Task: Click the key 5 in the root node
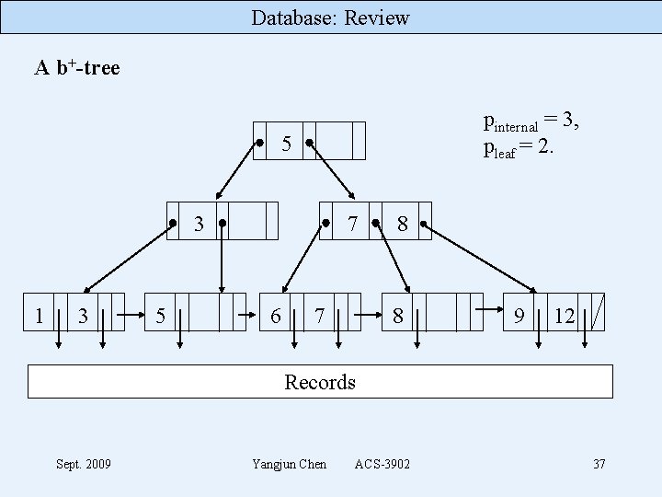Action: click(x=287, y=144)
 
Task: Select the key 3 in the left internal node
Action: click(x=199, y=224)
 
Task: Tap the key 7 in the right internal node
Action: click(x=352, y=224)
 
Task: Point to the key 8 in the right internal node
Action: click(x=402, y=224)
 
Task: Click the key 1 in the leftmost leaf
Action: click(x=39, y=316)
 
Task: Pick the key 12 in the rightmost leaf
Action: click(x=564, y=316)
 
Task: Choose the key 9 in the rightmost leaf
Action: click(x=519, y=316)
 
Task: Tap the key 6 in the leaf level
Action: click(x=275, y=316)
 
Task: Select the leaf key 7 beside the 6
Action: click(x=319, y=316)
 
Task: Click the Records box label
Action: click(x=320, y=381)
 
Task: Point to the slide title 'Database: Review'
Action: click(x=330, y=17)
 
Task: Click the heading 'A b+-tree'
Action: click(x=77, y=68)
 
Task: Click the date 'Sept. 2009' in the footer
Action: click(x=84, y=463)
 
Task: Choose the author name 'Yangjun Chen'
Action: click(x=289, y=463)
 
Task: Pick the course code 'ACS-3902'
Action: click(x=382, y=463)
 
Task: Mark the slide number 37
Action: click(x=599, y=463)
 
